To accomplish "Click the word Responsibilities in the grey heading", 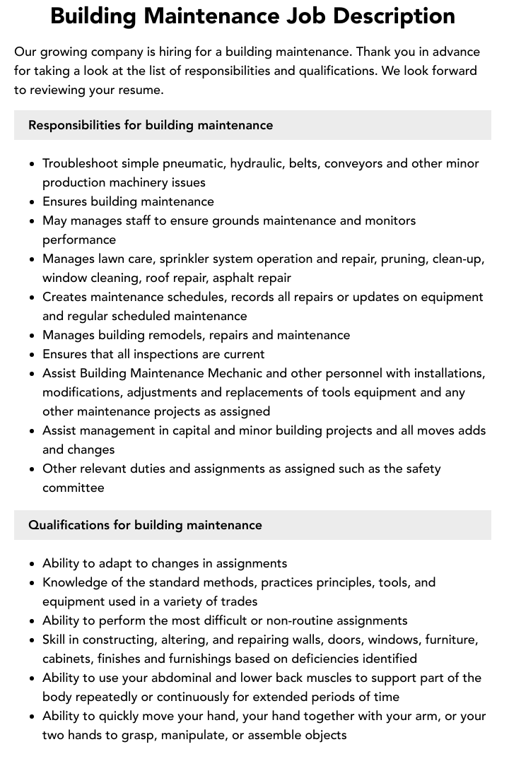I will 74,125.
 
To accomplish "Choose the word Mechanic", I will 235,373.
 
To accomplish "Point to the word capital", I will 192,430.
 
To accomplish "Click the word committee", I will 74,488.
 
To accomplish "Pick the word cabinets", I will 67,659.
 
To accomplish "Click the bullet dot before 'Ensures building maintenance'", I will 32,202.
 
